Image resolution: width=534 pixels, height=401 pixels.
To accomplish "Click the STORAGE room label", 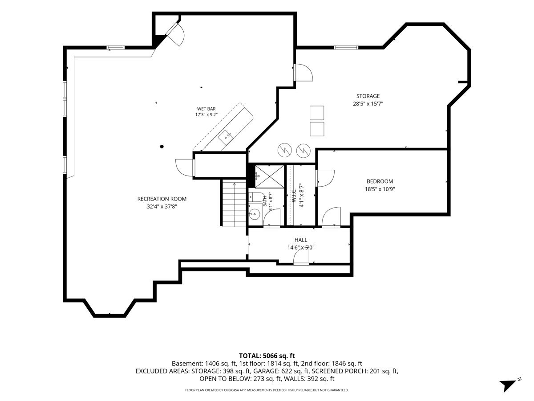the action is pos(368,96).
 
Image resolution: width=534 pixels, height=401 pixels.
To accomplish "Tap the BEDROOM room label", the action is pos(380,181).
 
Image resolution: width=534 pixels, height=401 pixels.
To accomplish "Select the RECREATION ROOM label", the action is pos(162,199).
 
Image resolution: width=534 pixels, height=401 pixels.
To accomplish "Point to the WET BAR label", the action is pos(206,109).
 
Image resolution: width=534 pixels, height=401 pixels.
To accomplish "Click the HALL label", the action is pos(301,240).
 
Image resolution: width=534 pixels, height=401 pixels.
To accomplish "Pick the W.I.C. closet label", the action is pos(294,195).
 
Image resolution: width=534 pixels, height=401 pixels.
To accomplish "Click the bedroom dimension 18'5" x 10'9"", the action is pos(380,189).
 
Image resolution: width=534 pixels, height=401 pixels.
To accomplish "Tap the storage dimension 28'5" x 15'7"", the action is pos(368,104).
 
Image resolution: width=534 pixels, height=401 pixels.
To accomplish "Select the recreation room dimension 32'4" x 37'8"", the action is pos(162,206).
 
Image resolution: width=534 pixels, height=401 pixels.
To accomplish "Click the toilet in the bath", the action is pos(257,197).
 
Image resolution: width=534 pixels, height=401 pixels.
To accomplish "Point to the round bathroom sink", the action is pos(255,214).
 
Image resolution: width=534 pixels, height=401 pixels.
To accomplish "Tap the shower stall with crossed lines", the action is pos(269,177).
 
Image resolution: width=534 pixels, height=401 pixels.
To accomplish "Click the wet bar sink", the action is pos(226,138).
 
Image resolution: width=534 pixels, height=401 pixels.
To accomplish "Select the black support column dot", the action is pos(162,147).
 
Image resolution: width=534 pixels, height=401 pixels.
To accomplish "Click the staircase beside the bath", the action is pos(234,204).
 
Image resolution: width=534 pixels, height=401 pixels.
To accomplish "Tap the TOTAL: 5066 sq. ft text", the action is pos(267,356).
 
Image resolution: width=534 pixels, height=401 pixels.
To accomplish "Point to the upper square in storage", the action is pos(317,113).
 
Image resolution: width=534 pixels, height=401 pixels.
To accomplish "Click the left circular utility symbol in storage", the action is pos(285,150).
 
